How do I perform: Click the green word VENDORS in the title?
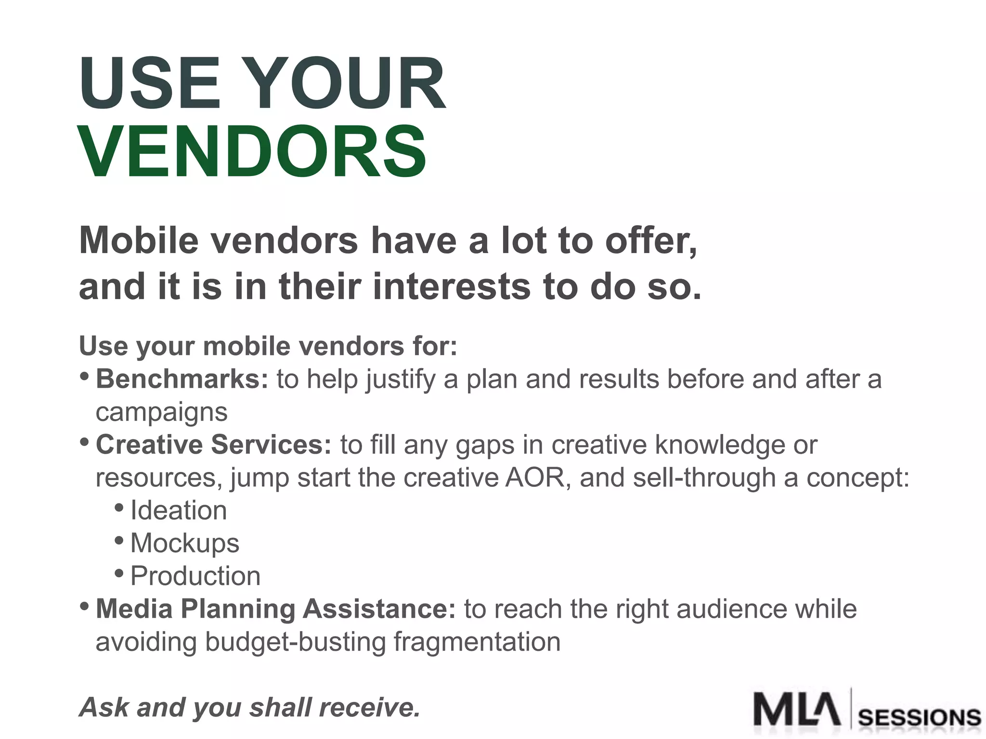point(252,151)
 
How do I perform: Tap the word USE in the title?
point(150,84)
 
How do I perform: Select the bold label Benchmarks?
point(182,379)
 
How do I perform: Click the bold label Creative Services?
point(214,445)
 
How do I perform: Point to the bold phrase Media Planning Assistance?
point(275,609)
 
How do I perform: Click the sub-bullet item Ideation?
point(178,510)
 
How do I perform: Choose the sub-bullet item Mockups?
point(184,544)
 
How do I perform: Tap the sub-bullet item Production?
point(195,576)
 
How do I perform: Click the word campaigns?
point(161,412)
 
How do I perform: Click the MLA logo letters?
point(797,709)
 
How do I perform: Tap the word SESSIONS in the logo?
point(920,718)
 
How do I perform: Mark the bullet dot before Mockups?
point(119,540)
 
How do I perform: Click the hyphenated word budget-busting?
point(295,642)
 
